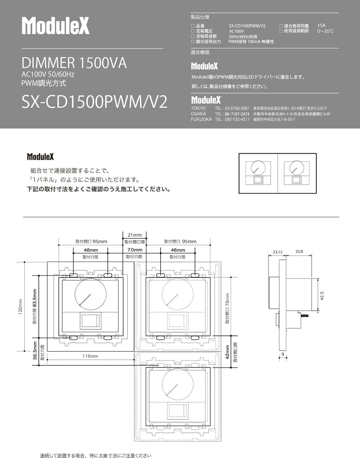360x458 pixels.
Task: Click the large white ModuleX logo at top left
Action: point(56,25)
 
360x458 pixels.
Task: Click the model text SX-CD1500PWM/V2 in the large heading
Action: point(94,102)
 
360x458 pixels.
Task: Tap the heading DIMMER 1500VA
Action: point(74,63)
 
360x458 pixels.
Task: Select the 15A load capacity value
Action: point(321,26)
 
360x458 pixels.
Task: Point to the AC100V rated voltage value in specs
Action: point(236,31)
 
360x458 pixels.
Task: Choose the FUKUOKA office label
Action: point(201,119)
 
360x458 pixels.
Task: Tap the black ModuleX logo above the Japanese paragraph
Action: point(40,157)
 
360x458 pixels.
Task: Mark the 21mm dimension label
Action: point(135,235)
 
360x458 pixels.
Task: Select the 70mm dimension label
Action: point(135,250)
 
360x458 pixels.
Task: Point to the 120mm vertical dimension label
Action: point(20,307)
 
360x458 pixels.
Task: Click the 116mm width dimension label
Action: point(90,356)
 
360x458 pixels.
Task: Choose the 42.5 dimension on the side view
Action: point(322,296)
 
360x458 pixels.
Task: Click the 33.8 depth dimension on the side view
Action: point(299,252)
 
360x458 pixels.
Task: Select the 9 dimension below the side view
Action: point(283,354)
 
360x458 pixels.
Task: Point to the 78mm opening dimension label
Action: point(227,308)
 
